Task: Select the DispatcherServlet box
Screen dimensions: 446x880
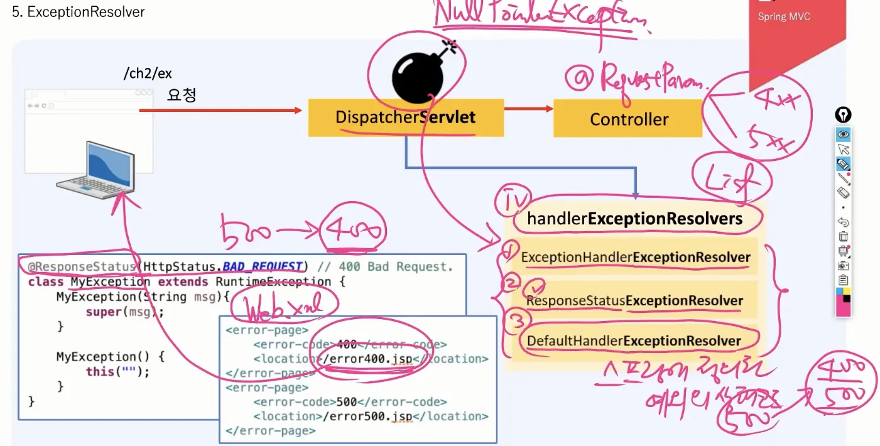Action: click(x=405, y=117)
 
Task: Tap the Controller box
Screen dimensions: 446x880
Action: click(x=628, y=119)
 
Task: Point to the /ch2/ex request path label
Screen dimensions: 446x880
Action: click(x=148, y=73)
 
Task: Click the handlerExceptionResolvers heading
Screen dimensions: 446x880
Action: click(x=634, y=219)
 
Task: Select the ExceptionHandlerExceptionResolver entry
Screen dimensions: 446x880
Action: click(x=635, y=257)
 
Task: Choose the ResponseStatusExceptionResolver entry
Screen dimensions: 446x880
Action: click(x=634, y=301)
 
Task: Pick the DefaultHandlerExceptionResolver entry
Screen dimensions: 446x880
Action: click(x=634, y=341)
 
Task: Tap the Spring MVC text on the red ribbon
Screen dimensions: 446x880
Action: click(x=784, y=17)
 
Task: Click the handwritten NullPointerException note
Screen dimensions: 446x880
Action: click(x=540, y=16)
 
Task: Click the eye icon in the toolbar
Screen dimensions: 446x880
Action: click(x=843, y=134)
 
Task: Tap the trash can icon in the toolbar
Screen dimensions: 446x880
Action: click(x=843, y=236)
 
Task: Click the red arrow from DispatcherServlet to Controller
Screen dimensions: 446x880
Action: click(x=528, y=109)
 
